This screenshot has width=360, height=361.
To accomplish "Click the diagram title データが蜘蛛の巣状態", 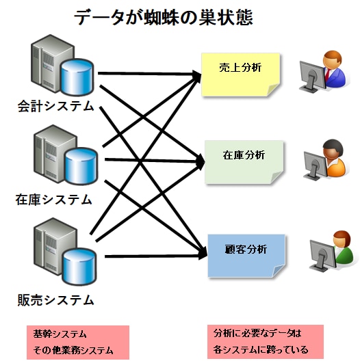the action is (164, 18).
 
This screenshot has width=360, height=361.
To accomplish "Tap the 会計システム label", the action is (55, 106).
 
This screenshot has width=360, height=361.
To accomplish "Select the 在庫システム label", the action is (53, 199).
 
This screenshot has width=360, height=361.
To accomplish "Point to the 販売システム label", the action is (55, 299).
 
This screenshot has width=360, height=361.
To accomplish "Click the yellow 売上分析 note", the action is (241, 75).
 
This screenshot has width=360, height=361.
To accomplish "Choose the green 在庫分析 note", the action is (244, 162).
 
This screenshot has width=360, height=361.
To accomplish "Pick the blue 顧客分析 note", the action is (246, 256).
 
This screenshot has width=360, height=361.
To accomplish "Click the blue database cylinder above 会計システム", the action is (77, 77).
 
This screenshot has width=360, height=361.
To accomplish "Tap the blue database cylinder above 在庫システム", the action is (81, 166).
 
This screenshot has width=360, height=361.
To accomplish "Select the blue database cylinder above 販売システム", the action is (79, 267).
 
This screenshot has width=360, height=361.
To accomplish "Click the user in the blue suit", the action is (334, 68).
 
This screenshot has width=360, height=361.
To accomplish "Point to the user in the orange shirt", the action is (335, 158).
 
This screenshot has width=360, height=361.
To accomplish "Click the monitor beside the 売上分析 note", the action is (311, 77).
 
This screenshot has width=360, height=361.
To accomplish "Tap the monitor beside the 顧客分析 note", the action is (322, 256).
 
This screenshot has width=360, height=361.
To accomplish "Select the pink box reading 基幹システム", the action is (78, 342).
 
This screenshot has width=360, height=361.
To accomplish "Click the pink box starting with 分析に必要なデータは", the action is (266, 342).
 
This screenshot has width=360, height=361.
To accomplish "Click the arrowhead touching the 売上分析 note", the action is (196, 75).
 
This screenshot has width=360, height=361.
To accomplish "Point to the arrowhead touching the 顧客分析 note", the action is (202, 254).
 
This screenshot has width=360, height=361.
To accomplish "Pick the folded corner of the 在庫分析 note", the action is (277, 177).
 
